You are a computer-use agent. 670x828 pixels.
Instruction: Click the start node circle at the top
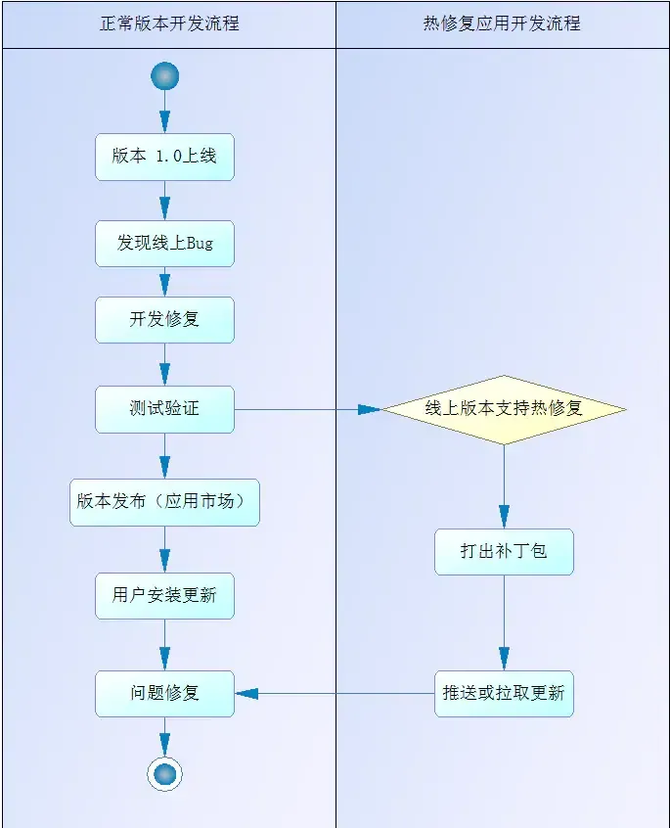point(164,76)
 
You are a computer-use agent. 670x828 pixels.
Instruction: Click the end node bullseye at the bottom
point(164,774)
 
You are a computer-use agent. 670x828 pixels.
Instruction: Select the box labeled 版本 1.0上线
point(164,157)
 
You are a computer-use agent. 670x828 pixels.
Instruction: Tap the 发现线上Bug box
point(164,243)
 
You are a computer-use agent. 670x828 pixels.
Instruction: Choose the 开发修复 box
point(164,319)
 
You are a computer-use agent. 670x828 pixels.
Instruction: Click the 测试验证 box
point(164,409)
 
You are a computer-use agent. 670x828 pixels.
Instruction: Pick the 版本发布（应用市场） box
point(164,502)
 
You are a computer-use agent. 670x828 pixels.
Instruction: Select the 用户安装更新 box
point(164,595)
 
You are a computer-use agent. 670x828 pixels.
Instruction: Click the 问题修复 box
point(164,693)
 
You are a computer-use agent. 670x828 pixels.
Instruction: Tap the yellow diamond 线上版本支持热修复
point(504,409)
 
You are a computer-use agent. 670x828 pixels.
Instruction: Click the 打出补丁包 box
point(504,551)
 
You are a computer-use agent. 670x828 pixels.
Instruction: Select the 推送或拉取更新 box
point(504,693)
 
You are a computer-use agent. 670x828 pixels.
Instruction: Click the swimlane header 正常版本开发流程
point(169,23)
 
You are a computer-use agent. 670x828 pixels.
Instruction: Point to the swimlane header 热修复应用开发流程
point(502,23)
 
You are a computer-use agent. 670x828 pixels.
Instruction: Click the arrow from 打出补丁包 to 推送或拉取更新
point(504,622)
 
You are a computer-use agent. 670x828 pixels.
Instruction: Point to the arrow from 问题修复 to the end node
point(164,735)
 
